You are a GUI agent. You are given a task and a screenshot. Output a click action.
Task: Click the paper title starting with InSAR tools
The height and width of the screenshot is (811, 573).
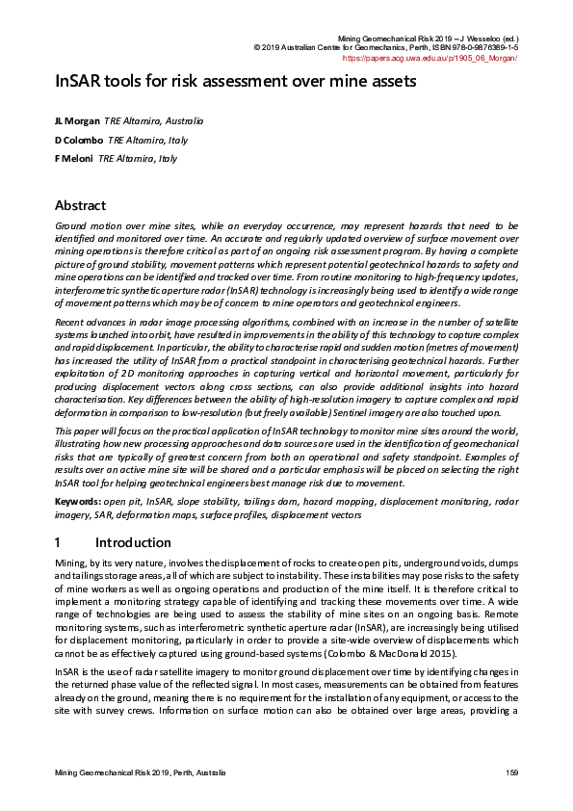click(235, 81)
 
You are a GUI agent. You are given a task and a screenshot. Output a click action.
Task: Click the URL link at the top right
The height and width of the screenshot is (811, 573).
click(431, 58)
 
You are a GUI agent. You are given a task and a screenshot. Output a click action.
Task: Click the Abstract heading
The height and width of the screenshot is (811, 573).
click(81, 205)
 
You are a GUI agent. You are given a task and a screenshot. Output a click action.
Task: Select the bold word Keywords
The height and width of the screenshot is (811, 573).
click(77, 502)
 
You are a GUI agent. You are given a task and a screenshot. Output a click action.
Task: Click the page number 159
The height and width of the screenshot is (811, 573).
click(512, 773)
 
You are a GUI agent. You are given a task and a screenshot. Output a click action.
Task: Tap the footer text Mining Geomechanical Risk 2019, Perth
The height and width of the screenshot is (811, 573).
click(141, 773)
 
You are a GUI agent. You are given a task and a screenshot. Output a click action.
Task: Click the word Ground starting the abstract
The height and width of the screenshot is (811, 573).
click(71, 224)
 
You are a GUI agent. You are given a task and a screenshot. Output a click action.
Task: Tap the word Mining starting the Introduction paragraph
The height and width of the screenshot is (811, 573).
click(71, 561)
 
